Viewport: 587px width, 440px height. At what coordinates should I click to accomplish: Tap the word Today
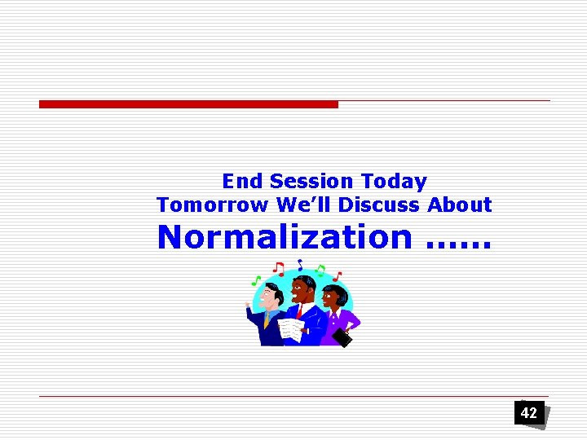(394, 181)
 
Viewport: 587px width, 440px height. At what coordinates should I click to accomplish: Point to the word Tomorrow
(212, 205)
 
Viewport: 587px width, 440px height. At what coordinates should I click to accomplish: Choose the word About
(460, 205)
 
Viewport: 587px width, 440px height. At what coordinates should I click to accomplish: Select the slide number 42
(529, 413)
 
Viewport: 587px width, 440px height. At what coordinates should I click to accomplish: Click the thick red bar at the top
(188, 104)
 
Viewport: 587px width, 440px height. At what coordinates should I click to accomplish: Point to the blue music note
(300, 264)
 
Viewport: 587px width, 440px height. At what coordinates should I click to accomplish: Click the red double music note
(279, 268)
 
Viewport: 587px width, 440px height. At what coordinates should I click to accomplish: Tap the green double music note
(320, 269)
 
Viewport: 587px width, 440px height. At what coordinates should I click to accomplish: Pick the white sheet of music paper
(290, 329)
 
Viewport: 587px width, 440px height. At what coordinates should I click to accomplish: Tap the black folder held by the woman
(343, 337)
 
